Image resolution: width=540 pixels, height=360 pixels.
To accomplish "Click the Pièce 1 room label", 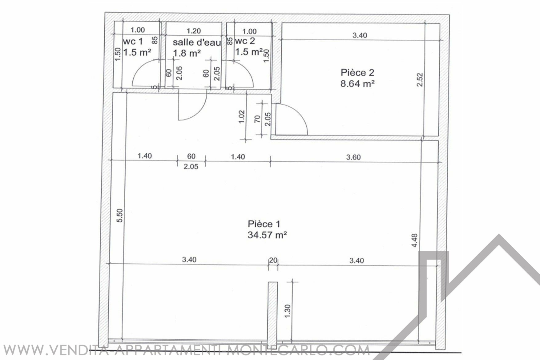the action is [x=264, y=224].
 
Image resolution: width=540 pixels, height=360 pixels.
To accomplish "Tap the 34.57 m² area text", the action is [x=267, y=235].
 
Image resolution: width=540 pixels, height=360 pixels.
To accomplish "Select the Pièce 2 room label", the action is [x=357, y=72].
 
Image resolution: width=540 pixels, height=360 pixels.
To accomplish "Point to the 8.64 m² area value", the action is [x=357, y=83].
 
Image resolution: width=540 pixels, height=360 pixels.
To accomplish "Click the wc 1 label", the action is [x=133, y=41].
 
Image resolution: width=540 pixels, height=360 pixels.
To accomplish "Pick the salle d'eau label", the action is [x=197, y=42].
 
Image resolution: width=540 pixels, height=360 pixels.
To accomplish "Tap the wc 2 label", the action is [x=245, y=41].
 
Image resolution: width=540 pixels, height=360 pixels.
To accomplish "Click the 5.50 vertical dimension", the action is [x=120, y=215].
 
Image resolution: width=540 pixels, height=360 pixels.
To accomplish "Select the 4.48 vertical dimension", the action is [x=414, y=241].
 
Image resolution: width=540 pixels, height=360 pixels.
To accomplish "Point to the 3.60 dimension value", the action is [x=353, y=157].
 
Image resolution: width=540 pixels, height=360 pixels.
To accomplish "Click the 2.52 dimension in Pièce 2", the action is [x=420, y=79].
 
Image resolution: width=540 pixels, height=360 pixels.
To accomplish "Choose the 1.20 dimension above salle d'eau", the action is [x=194, y=31].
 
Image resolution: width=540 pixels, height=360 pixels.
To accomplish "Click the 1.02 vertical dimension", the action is [x=242, y=117].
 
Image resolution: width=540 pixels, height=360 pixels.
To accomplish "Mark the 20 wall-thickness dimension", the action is [x=273, y=260].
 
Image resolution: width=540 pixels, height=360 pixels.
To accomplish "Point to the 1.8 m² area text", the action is [x=187, y=53].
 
